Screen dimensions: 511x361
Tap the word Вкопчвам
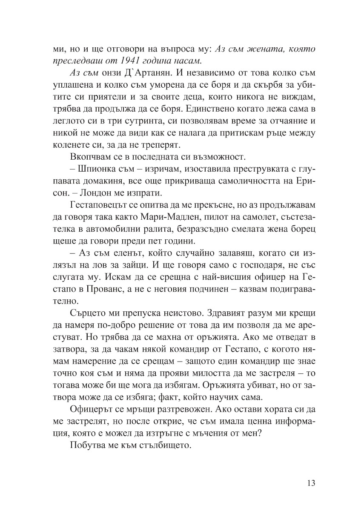(88, 157)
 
